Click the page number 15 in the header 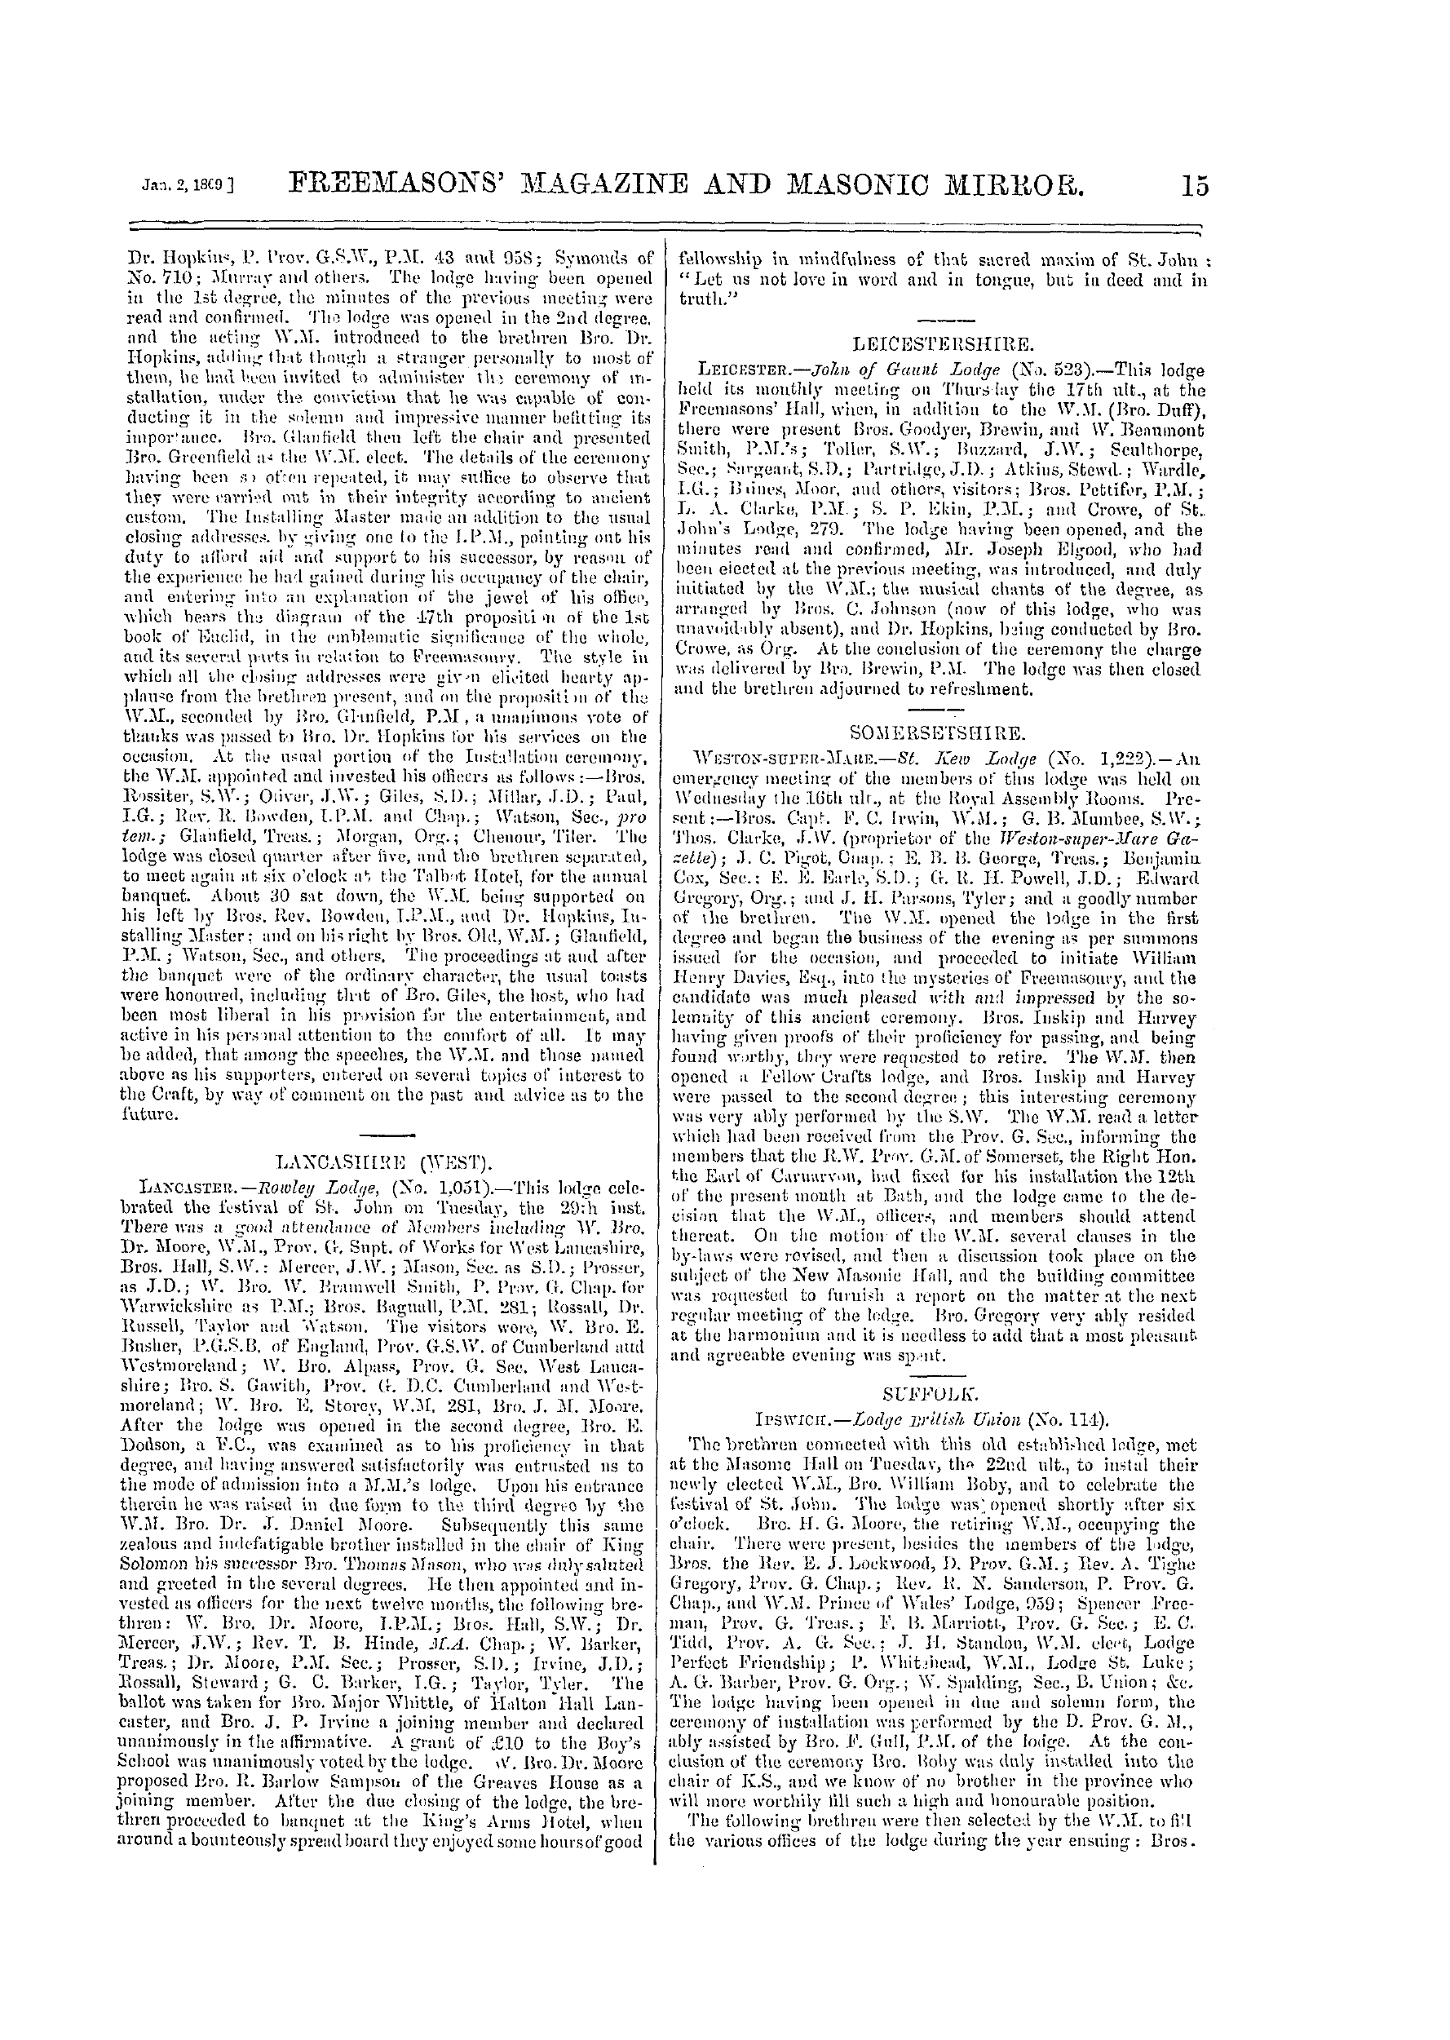point(1193,187)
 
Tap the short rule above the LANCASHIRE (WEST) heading point(385,1135)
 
